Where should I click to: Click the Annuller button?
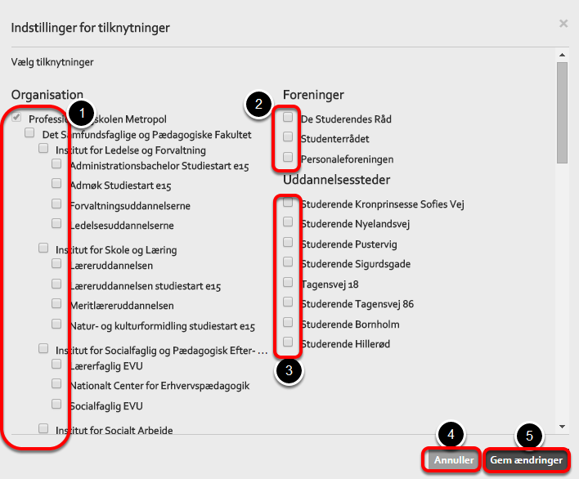(x=454, y=460)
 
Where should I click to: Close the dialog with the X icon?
(x=563, y=24)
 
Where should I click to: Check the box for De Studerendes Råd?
(x=288, y=118)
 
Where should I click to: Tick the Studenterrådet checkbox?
(x=288, y=137)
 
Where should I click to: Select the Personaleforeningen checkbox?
(x=288, y=157)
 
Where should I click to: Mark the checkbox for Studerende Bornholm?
(x=288, y=322)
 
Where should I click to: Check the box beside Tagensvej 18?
(x=288, y=282)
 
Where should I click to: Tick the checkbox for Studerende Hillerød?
(x=288, y=342)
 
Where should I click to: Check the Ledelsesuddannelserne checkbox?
(x=56, y=223)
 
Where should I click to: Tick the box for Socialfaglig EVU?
(x=56, y=404)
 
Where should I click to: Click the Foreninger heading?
(x=313, y=95)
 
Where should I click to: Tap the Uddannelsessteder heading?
(x=336, y=180)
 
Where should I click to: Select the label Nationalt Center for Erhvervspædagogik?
(x=159, y=386)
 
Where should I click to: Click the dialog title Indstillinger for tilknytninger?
(x=90, y=29)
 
